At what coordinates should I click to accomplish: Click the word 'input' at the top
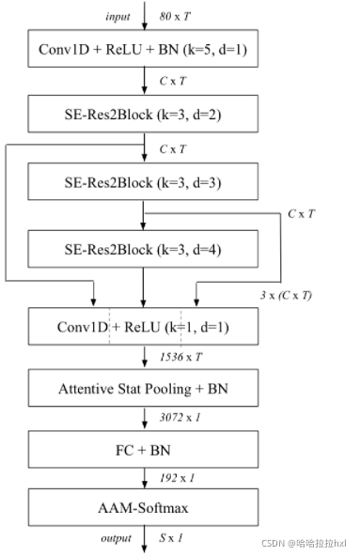(x=117, y=16)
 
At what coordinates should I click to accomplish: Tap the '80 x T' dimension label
(x=176, y=16)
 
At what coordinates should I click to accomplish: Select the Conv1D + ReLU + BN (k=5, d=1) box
(x=144, y=47)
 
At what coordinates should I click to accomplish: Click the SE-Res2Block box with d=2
(x=144, y=115)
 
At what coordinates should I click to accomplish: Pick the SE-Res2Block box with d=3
(x=144, y=181)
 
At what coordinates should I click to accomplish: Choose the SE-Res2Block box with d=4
(x=144, y=249)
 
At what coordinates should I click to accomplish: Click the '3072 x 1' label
(x=178, y=416)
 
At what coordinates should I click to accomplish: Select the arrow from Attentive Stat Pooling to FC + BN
(x=144, y=416)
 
